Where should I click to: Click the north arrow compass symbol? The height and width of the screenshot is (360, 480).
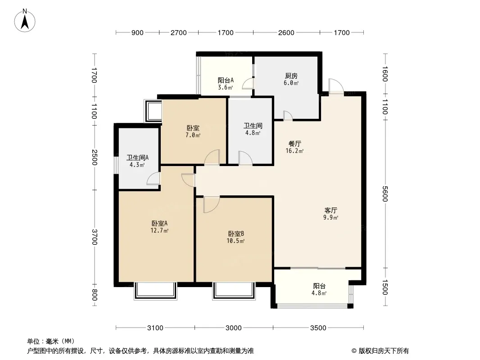tap(25, 21)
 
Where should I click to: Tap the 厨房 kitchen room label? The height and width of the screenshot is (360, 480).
tap(291, 76)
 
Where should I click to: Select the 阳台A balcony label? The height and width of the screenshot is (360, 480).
tap(226, 80)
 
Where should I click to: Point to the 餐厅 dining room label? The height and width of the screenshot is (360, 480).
tap(295, 144)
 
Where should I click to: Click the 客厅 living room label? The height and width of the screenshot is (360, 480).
tap(331, 211)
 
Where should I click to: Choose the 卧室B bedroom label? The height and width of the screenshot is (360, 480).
tap(235, 234)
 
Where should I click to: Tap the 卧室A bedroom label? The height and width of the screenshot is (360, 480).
tap(159, 223)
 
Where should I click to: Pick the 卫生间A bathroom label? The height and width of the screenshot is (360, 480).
tap(137, 158)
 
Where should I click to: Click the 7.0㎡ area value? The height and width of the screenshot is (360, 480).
tap(193, 135)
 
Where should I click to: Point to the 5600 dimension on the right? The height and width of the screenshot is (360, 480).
tap(385, 194)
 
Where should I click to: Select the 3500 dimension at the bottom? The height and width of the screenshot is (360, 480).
tap(318, 328)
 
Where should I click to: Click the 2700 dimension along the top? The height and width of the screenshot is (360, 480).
tap(178, 33)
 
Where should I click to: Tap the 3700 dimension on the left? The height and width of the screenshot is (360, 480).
tap(95, 237)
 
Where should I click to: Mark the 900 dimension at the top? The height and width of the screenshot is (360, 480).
tap(137, 33)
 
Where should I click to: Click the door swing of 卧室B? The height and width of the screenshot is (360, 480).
tap(211, 204)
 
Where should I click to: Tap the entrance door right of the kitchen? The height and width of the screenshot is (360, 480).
tap(336, 86)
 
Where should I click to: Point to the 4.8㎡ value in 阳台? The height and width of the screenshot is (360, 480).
tap(319, 293)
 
